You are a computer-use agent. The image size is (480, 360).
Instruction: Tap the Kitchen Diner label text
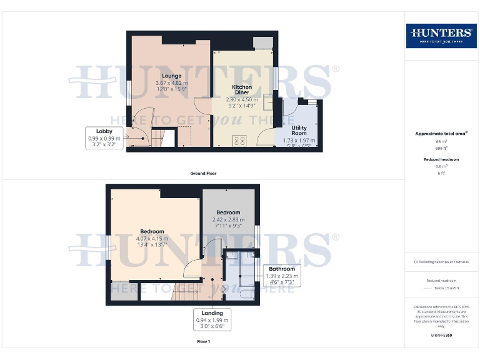coord(242,89)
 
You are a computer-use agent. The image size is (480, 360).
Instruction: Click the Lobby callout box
coord(104,137)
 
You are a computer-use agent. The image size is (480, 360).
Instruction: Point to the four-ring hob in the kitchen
coord(238,140)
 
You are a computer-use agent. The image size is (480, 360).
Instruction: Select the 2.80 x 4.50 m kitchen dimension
coord(242,99)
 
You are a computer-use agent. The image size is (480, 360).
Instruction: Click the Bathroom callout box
coord(282,276)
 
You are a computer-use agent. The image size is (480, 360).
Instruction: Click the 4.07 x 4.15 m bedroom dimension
coord(152,238)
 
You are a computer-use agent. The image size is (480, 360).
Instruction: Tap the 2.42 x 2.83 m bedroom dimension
coord(228,220)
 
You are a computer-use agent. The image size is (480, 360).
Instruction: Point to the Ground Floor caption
coord(203,173)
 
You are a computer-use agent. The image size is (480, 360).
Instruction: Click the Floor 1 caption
coord(203,342)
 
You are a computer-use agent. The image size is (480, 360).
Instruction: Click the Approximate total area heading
coord(441,134)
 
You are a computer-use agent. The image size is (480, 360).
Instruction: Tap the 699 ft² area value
coord(441,148)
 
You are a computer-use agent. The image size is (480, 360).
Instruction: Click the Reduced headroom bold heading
coord(441,159)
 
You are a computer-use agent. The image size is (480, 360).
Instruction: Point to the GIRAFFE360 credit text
coord(441,336)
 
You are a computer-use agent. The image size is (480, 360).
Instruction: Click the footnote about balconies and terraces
coord(441,261)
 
